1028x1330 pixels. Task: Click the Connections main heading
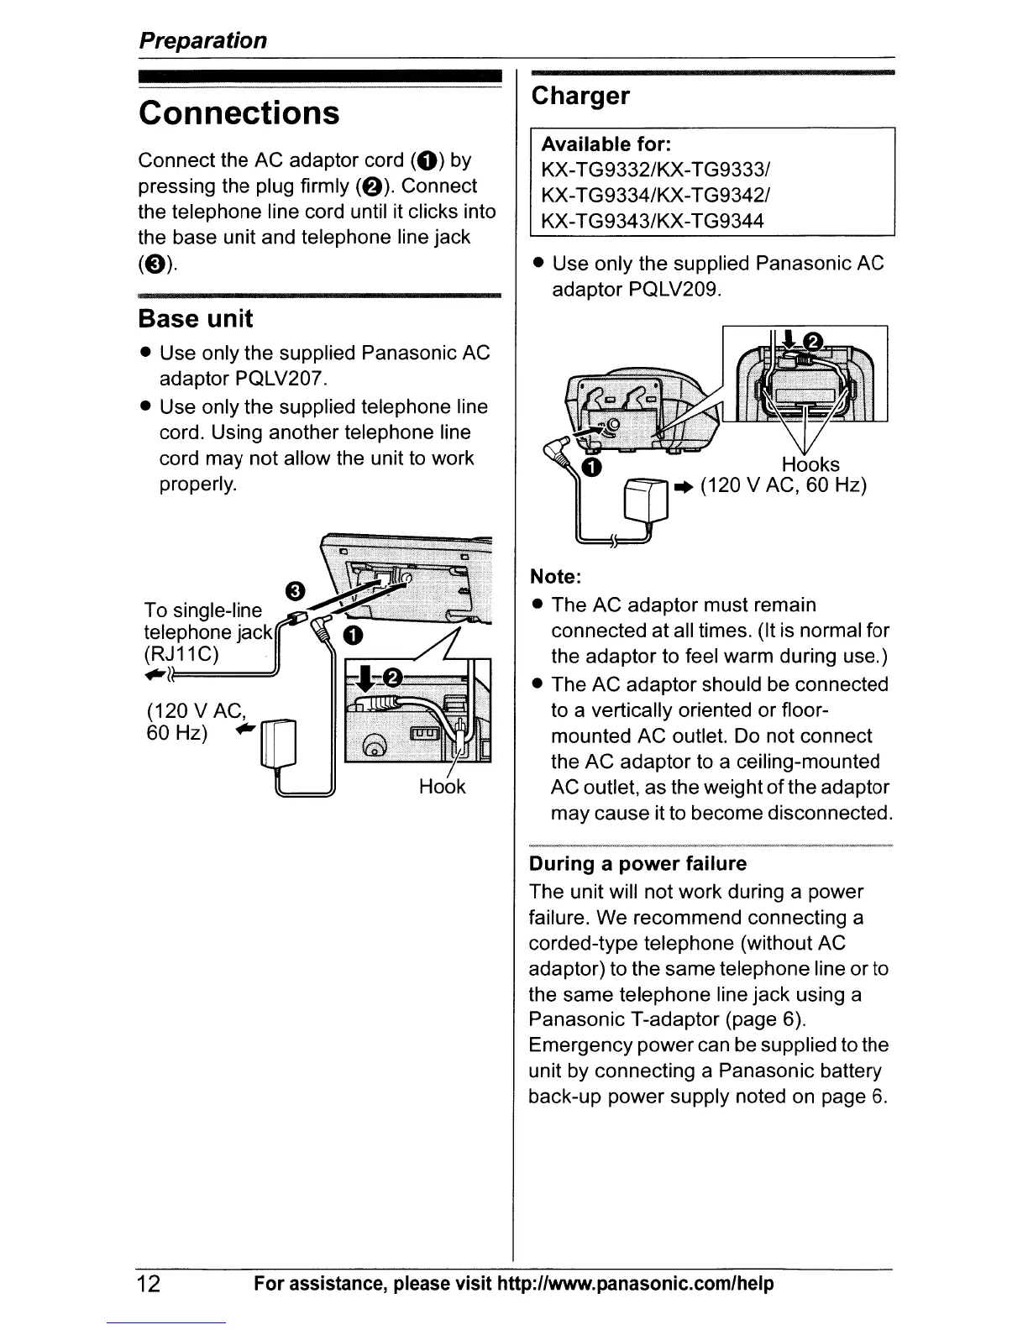point(239,113)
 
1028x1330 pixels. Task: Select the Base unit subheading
point(195,319)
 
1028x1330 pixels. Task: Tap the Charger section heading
point(580,96)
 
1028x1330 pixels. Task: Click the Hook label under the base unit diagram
point(442,787)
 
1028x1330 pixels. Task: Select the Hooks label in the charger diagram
point(810,464)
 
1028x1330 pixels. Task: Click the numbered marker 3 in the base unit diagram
point(295,590)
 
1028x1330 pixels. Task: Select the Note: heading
point(555,577)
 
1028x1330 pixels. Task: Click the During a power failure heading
point(637,864)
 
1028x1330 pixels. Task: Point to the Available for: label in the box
point(606,144)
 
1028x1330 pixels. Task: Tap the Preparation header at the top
point(202,40)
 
